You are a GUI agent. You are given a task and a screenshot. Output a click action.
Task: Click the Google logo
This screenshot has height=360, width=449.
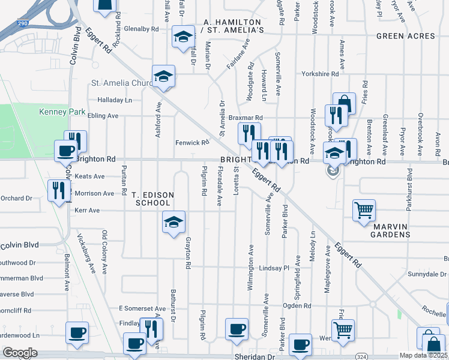pyautogui.click(x=20, y=353)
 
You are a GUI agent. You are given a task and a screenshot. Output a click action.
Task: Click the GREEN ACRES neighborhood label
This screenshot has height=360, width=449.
pyautogui.click(x=405, y=36)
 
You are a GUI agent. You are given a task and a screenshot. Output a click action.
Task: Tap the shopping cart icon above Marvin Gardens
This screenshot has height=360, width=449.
pyautogui.click(x=364, y=211)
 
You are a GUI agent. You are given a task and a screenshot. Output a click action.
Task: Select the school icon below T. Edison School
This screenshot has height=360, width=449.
pyautogui.click(x=173, y=223)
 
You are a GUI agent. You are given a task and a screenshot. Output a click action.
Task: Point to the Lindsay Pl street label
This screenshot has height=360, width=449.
pyautogui.click(x=275, y=268)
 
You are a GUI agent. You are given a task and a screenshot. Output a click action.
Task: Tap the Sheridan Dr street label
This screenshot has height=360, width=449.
pyautogui.click(x=254, y=356)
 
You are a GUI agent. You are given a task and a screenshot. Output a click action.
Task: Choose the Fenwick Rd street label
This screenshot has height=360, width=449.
pyautogui.click(x=192, y=143)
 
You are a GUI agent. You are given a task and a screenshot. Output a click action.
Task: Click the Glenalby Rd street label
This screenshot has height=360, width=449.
pyautogui.click(x=142, y=29)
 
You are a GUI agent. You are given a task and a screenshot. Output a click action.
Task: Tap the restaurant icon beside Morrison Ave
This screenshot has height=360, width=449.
pyautogui.click(x=59, y=190)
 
